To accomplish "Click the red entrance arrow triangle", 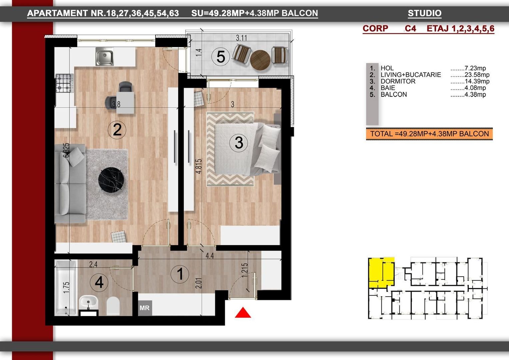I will [x=243, y=313].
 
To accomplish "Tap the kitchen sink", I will [x=104, y=56].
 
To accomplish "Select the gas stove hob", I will [x=64, y=83].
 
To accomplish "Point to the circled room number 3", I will [x=239, y=143].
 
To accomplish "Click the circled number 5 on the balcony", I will [x=221, y=57].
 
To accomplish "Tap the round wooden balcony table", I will [x=260, y=60].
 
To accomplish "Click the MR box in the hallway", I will [x=145, y=308].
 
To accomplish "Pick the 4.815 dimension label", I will [x=199, y=166].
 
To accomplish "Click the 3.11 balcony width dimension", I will [x=242, y=38].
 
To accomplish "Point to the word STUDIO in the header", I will [x=424, y=13].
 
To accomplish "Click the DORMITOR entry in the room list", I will [x=398, y=81].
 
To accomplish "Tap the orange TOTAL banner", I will [x=429, y=134].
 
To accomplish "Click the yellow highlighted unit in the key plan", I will [x=381, y=272].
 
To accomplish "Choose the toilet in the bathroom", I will [x=113, y=305].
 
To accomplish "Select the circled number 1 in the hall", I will [x=180, y=274].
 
